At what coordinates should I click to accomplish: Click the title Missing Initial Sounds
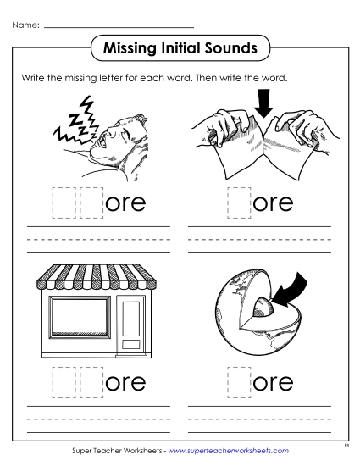click(180, 48)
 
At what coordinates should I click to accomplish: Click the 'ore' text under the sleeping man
click(127, 204)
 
